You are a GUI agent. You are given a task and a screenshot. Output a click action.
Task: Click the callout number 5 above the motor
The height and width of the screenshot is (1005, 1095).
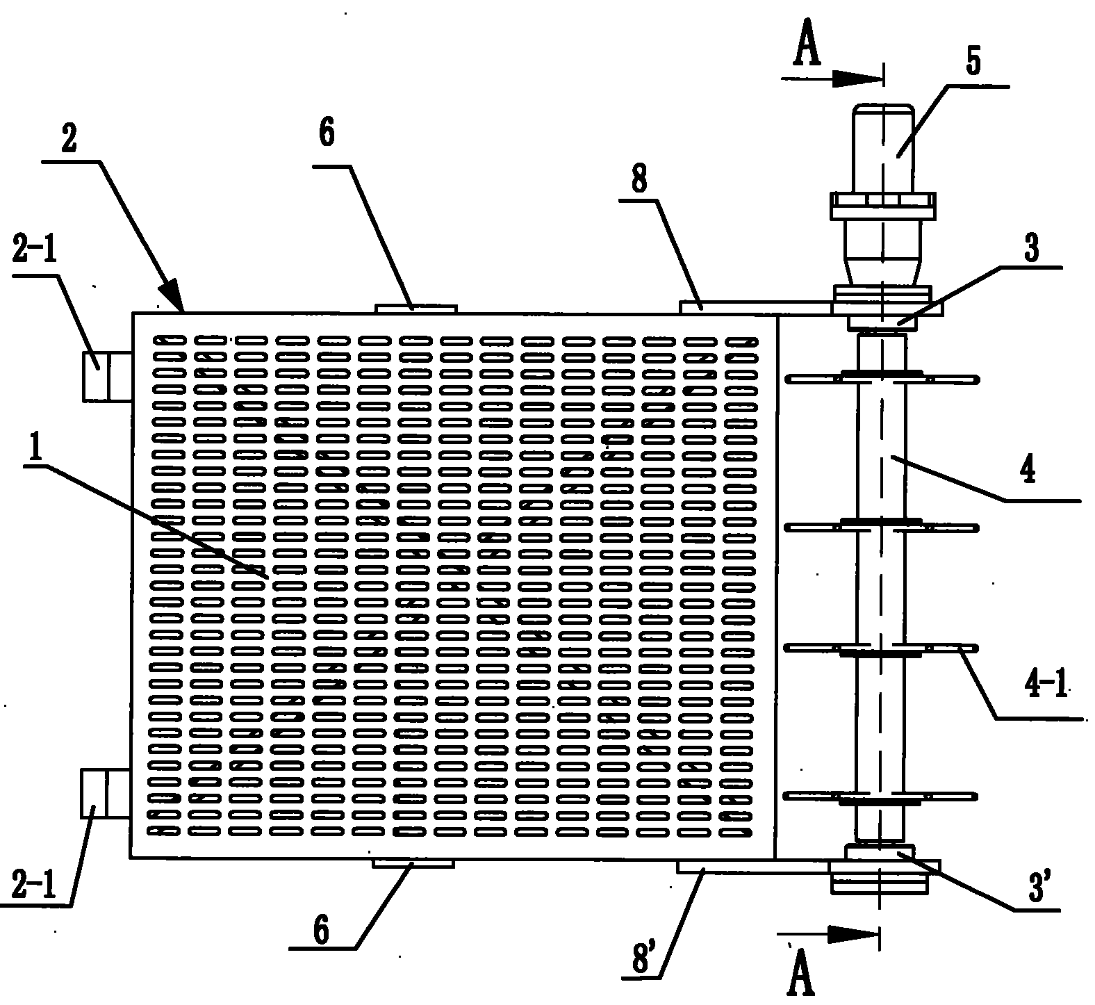(x=973, y=63)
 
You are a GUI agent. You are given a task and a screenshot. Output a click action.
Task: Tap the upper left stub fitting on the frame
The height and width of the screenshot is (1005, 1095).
(x=106, y=376)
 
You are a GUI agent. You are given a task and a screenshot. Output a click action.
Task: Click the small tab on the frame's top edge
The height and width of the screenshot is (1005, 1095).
(x=415, y=308)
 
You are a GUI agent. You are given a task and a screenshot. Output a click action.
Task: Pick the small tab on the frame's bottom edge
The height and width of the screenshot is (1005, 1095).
(x=413, y=863)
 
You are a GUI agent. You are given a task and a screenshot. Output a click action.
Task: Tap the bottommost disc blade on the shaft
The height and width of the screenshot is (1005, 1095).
(x=880, y=796)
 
